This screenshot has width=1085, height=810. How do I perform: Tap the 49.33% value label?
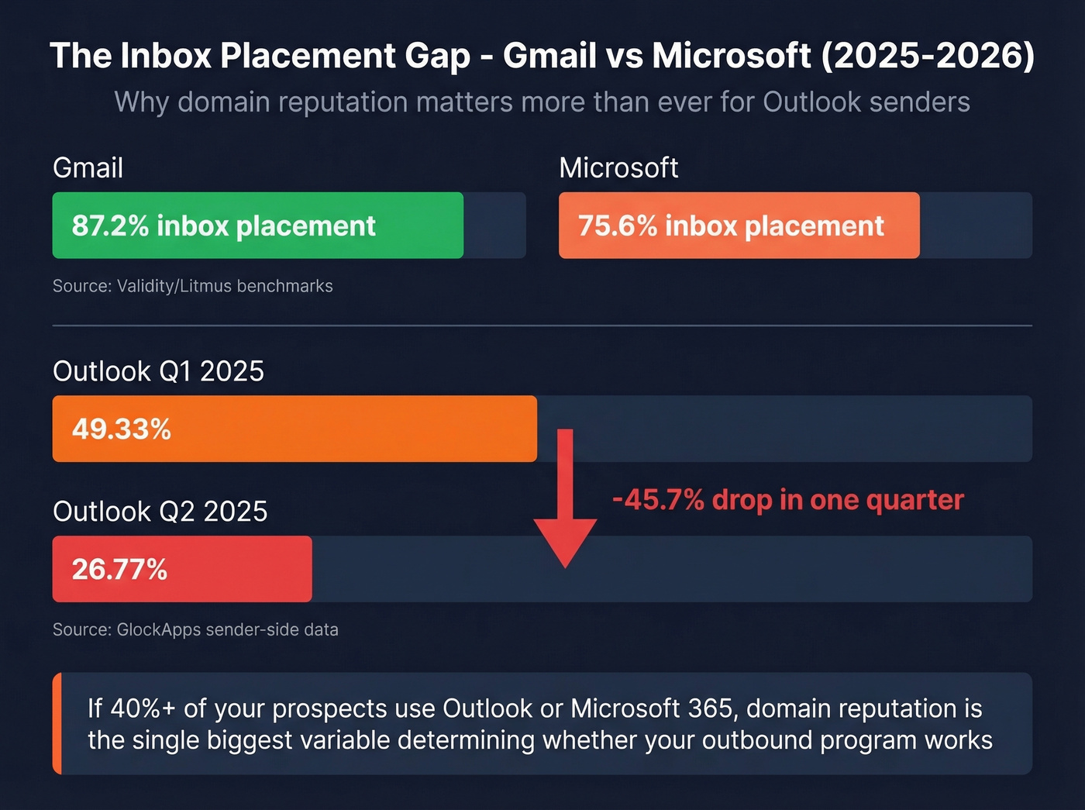click(x=122, y=429)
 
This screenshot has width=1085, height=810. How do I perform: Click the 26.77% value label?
click(x=120, y=569)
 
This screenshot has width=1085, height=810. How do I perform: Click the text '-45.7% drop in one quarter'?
click(x=787, y=500)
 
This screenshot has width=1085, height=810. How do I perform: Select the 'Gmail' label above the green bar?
click(x=88, y=168)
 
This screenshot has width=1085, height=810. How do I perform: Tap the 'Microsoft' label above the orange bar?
click(x=618, y=168)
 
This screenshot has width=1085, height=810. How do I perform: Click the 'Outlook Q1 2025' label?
click(x=158, y=371)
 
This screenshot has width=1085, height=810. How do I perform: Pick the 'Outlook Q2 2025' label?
click(x=160, y=512)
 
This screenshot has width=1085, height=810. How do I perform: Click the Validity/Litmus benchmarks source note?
click(x=192, y=286)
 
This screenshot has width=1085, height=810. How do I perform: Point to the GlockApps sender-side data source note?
click(x=195, y=629)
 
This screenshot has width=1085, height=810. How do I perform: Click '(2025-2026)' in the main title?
click(x=927, y=56)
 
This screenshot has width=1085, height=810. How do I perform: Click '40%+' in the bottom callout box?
click(x=143, y=708)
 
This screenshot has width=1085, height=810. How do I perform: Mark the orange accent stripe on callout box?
click(x=57, y=723)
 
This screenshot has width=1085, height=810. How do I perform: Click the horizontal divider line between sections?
click(x=542, y=326)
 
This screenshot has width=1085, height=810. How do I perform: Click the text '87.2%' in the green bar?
click(x=110, y=226)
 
